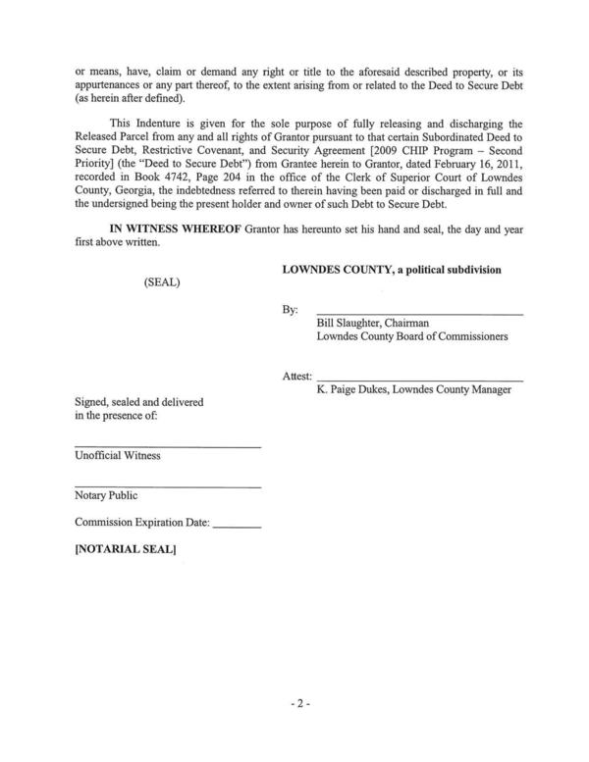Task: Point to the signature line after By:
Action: click(419, 313)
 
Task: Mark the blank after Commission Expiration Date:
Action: click(237, 527)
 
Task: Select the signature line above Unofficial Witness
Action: click(168, 447)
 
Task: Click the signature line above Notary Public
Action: click(168, 487)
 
